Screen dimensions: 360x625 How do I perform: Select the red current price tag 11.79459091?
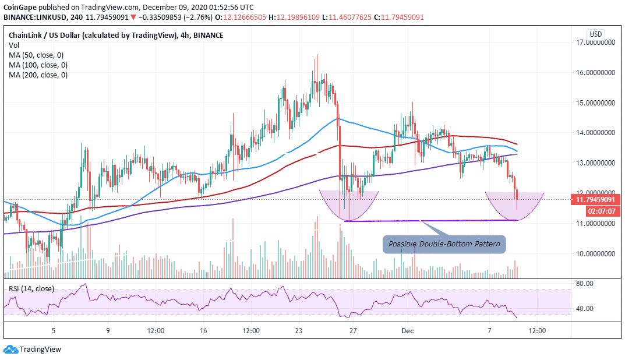[x=595, y=200]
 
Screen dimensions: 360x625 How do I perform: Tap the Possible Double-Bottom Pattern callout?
[x=444, y=243]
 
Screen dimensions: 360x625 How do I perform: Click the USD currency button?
[x=595, y=34]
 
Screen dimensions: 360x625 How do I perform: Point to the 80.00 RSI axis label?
[x=584, y=284]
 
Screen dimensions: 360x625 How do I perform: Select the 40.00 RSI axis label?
[x=584, y=309]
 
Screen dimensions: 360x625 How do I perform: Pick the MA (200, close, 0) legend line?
[x=37, y=75]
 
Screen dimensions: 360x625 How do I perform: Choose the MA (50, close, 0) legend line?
[x=36, y=55]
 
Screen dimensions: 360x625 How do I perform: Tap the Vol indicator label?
[x=13, y=45]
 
